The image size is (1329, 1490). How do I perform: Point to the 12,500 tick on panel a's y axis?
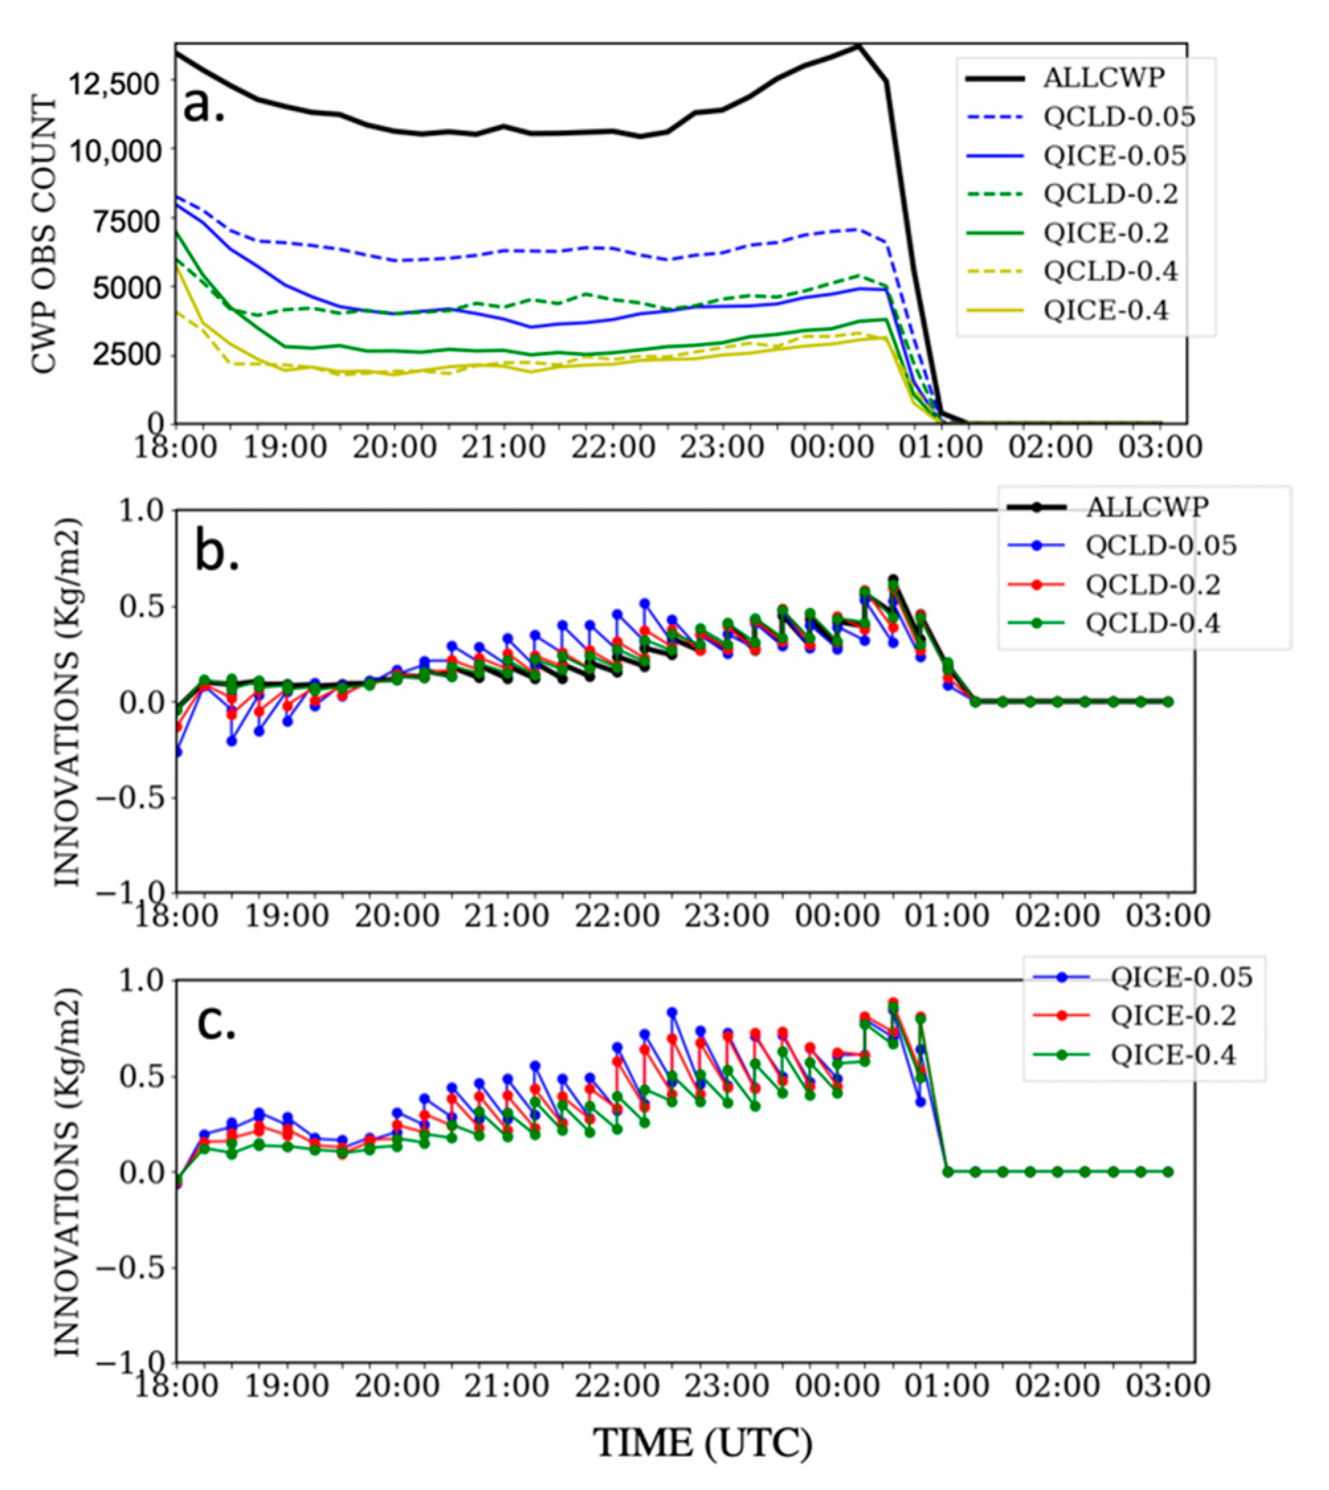[x=113, y=83]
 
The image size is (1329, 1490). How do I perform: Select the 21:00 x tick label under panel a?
[x=503, y=447]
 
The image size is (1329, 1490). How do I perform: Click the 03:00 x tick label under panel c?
[x=1167, y=1385]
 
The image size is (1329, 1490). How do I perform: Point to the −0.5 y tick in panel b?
[x=127, y=797]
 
